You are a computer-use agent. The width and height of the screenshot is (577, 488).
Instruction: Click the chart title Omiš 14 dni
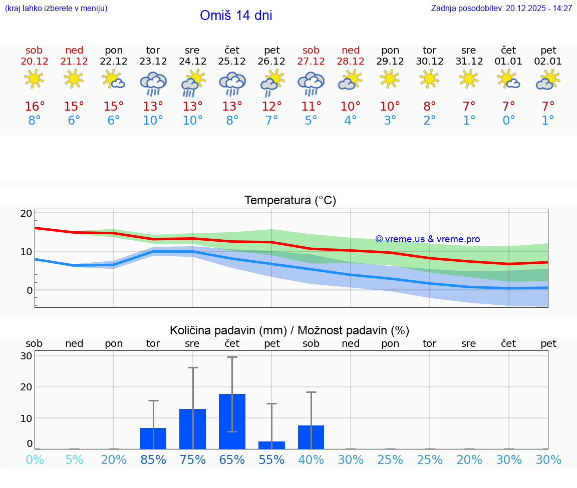tap(236, 16)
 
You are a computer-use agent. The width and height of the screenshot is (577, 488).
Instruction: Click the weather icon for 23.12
tap(153, 83)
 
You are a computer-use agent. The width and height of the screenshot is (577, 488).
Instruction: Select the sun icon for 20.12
tap(34, 79)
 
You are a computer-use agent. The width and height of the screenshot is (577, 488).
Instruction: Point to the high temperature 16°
tap(35, 107)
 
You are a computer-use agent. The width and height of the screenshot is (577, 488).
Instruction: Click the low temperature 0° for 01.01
tap(508, 121)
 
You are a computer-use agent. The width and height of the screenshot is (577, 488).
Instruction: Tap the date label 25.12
tap(232, 62)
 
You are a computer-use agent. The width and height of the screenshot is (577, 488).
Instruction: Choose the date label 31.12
tap(469, 62)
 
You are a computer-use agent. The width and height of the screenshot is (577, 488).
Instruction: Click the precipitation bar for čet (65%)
tap(232, 421)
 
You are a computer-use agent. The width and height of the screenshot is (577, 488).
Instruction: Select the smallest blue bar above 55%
tap(271, 445)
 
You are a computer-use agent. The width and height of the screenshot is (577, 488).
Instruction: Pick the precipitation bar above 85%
tap(153, 438)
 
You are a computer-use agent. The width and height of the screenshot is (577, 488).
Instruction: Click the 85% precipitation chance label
tap(153, 460)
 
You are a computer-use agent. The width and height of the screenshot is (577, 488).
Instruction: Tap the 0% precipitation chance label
tap(35, 460)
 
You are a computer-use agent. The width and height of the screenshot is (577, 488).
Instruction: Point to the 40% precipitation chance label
tap(311, 460)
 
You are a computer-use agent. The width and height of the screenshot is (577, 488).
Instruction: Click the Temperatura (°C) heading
tap(290, 201)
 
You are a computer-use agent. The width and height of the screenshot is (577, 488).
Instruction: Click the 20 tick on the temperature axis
tap(26, 213)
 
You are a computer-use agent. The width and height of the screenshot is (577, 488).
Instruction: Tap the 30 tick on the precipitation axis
tap(26, 356)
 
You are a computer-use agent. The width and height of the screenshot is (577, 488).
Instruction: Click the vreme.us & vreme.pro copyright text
tap(428, 239)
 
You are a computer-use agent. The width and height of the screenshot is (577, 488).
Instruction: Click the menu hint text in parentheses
tap(56, 9)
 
